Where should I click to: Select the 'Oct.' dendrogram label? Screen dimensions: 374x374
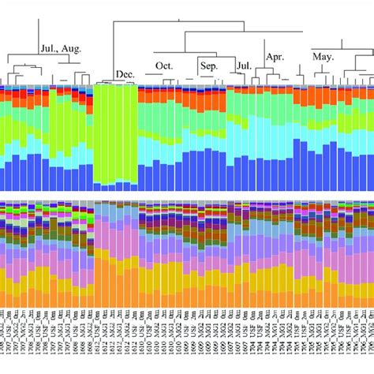pos(164,65)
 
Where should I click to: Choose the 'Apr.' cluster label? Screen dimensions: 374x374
pos(275,56)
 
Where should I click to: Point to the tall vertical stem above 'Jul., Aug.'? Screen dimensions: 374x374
pos(39,36)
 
